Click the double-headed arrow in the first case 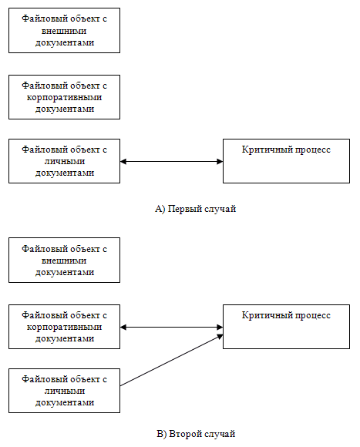click(171, 162)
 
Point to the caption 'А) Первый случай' click(196, 209)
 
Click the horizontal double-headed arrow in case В click(171, 328)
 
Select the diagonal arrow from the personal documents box click(171, 360)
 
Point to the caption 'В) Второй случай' click(196, 434)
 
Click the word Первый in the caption click(180, 209)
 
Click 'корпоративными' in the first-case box click(65, 98)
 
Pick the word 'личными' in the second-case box click(65, 391)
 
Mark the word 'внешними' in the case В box click(64, 260)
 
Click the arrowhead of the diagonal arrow click(220, 336)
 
